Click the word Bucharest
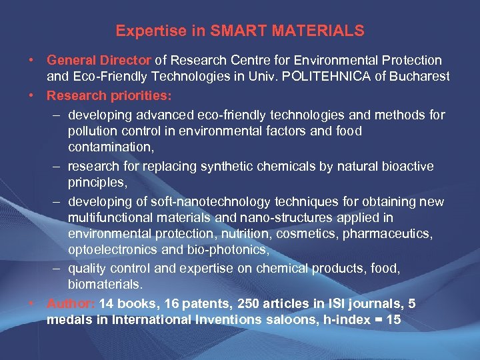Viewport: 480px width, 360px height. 420,75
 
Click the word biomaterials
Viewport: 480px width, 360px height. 105,284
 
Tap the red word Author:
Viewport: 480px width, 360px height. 71,304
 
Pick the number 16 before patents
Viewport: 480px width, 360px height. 167,304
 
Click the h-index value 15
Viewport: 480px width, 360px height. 393,320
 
